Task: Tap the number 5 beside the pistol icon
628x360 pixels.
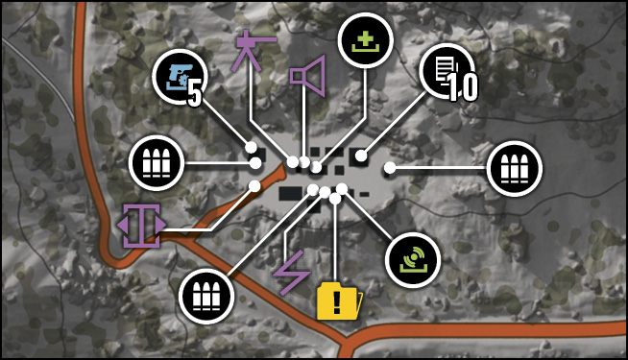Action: point(194,96)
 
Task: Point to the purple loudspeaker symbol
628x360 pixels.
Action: point(307,76)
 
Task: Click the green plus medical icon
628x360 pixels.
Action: point(365,42)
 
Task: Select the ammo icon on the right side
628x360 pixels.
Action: point(515,168)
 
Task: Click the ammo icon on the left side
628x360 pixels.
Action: point(157,163)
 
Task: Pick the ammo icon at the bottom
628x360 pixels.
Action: point(206,297)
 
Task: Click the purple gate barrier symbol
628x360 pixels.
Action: point(141,226)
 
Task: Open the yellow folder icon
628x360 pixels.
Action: point(339,301)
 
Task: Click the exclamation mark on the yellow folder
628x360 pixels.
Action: point(337,302)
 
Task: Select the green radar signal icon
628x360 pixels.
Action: point(413,260)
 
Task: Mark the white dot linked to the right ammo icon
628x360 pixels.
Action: point(390,168)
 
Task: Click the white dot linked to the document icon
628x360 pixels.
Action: point(361,156)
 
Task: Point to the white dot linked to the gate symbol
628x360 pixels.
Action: point(254,186)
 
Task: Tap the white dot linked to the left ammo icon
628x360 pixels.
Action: point(255,163)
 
